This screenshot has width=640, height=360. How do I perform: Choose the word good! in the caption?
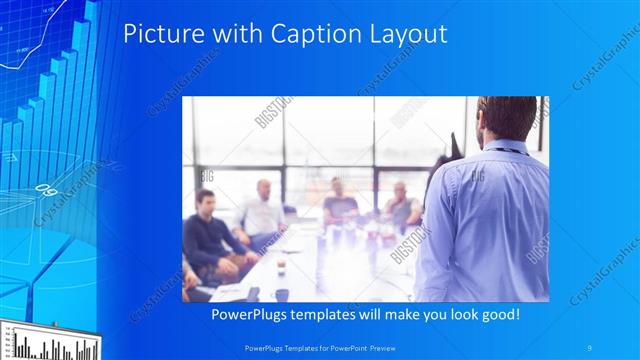(495, 315)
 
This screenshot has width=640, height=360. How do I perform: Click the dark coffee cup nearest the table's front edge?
(282, 292)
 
